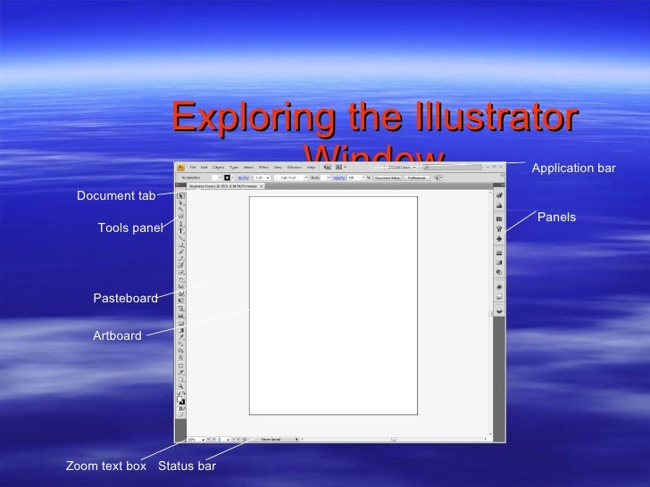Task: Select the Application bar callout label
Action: (x=573, y=168)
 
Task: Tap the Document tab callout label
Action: (x=116, y=195)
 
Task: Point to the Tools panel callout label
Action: (x=130, y=227)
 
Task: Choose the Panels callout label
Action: (x=556, y=217)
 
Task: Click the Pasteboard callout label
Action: (x=125, y=298)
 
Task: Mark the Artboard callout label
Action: (x=117, y=335)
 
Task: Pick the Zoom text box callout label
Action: (x=105, y=466)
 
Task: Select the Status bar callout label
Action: (x=187, y=466)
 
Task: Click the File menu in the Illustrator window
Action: (x=192, y=167)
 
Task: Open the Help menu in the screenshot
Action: (x=311, y=167)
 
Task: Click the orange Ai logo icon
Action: (x=179, y=167)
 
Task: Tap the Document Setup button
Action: (x=387, y=177)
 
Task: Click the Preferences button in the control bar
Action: (x=416, y=177)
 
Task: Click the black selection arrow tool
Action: (x=180, y=195)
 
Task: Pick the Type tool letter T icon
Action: (x=180, y=229)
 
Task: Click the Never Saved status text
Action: (x=271, y=439)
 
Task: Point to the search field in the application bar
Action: (x=401, y=167)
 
